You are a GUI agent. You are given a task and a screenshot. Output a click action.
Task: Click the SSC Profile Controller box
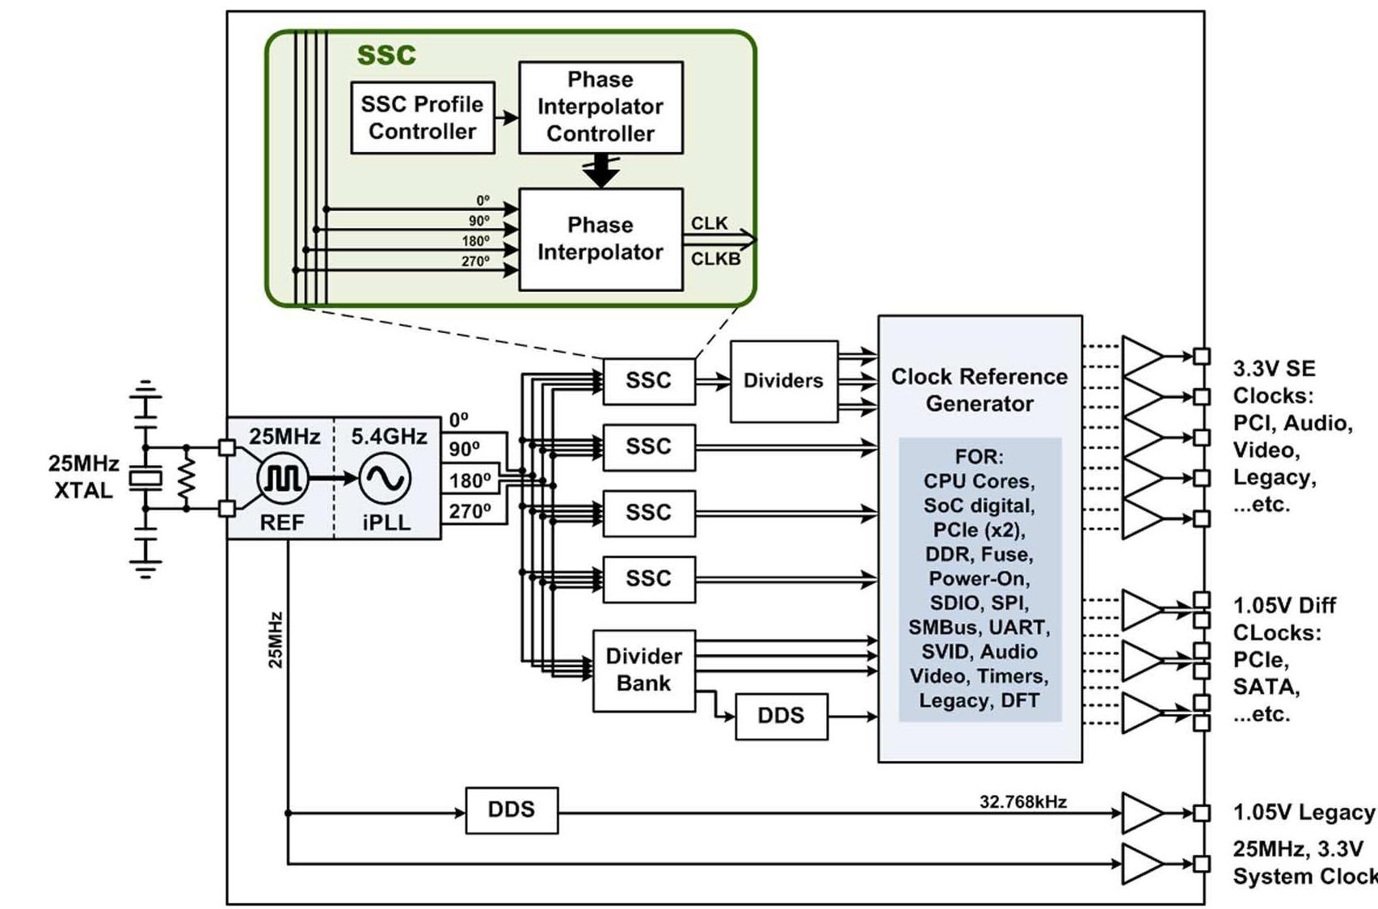422,117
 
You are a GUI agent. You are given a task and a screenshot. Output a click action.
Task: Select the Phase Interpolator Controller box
601,107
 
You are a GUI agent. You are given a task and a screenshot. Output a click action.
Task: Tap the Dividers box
783,381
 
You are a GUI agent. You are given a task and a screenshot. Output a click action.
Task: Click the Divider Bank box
643,670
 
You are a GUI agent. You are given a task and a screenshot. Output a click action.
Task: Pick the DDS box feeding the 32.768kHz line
511,810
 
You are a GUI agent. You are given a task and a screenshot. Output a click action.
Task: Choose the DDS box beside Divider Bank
781,716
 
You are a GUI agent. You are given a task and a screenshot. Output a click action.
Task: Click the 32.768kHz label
1022,801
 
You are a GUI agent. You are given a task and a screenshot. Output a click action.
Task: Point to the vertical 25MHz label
276,640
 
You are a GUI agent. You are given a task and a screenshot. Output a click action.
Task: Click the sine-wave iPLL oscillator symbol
385,479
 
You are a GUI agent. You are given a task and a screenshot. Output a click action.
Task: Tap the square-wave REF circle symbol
282,479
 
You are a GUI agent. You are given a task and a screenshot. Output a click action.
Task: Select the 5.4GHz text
389,437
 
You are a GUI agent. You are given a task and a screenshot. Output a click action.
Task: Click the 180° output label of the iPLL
470,480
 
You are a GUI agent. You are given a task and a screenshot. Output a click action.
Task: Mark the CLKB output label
714,259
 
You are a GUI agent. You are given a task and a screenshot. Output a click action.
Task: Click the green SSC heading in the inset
386,54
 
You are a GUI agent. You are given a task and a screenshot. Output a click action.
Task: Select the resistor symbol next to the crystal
187,479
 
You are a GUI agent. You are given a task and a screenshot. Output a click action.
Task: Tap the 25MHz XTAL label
83,477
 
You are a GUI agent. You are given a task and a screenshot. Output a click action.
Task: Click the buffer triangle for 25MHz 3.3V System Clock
1141,864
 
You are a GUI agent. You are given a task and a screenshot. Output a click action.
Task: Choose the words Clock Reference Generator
979,390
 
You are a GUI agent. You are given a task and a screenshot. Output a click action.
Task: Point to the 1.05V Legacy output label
1303,813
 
